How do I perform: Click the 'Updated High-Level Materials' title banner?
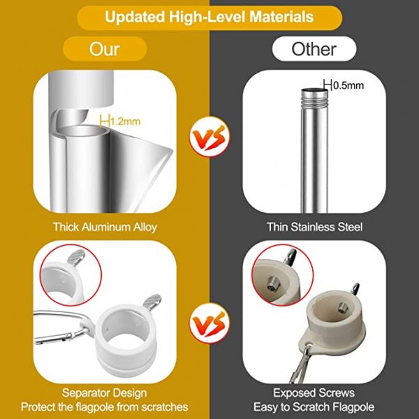tap(209, 17)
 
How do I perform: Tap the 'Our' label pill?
tap(105, 49)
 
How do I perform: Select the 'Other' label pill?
tap(314, 49)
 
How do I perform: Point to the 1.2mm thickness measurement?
tap(120, 122)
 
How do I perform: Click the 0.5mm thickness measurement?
tap(344, 85)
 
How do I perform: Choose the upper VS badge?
tap(209, 137)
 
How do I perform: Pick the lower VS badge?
tap(209, 323)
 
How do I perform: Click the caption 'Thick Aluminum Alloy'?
tap(105, 227)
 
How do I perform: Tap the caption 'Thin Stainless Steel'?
tap(314, 227)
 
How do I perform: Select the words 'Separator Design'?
tap(105, 392)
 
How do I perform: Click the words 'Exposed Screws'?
tap(314, 392)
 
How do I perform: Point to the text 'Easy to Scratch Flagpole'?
tap(314, 407)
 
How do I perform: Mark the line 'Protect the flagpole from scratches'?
tap(105, 407)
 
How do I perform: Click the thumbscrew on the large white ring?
tap(152, 302)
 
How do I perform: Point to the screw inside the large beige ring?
tap(343, 308)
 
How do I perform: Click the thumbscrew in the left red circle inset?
tap(76, 257)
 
